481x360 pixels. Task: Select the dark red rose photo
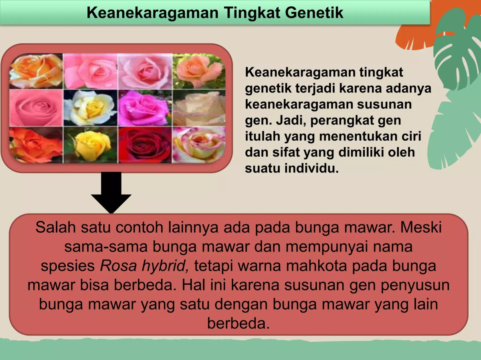(x=145, y=145)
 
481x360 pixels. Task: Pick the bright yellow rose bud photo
(x=90, y=145)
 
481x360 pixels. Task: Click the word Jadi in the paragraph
(x=289, y=121)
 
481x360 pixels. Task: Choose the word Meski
(x=421, y=227)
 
